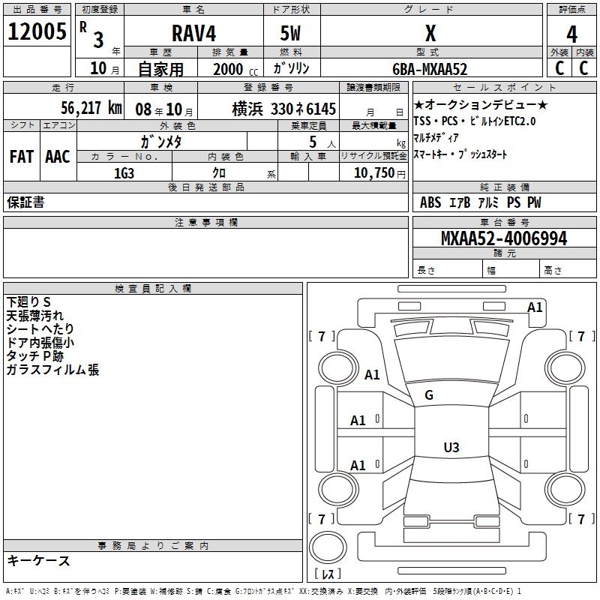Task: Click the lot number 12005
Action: (x=37, y=31)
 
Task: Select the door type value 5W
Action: (x=292, y=33)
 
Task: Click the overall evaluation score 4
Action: (x=571, y=34)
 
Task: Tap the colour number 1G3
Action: (x=123, y=172)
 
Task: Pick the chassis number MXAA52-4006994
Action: (x=504, y=238)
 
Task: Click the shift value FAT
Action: (x=21, y=157)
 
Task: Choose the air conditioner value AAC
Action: (x=58, y=157)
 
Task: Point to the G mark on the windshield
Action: (x=429, y=395)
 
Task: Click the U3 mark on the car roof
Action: (x=451, y=448)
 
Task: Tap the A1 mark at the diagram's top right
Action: (x=535, y=307)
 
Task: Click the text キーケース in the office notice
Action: (x=38, y=561)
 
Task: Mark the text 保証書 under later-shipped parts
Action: (x=25, y=202)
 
